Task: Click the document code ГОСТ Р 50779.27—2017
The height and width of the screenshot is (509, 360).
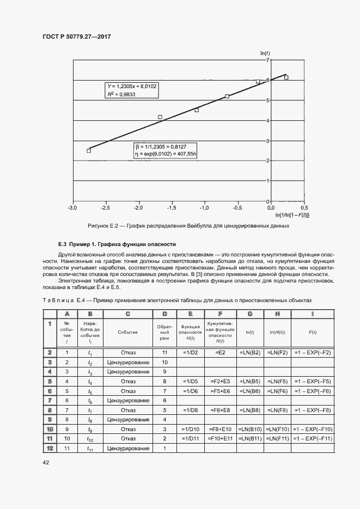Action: click(x=80, y=36)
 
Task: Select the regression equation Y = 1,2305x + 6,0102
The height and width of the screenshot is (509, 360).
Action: click(x=132, y=86)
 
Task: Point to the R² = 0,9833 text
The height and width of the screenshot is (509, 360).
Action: click(x=121, y=94)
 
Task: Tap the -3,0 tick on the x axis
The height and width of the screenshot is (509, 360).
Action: click(x=72, y=208)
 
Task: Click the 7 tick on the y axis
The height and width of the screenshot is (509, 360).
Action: click(x=268, y=60)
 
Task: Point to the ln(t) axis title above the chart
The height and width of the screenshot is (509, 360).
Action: click(x=265, y=53)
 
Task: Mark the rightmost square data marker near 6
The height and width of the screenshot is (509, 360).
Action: click(x=286, y=78)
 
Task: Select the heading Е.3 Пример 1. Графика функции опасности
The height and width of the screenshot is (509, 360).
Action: click(x=117, y=244)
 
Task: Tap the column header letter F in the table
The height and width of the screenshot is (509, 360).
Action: click(x=219, y=314)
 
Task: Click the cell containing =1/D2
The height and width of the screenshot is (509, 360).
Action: click(x=190, y=353)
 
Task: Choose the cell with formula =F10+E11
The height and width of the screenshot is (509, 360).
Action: click(x=219, y=438)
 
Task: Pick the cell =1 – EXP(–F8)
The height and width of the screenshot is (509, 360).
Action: click(x=312, y=410)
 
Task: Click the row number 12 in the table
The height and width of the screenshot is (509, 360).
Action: click(x=50, y=448)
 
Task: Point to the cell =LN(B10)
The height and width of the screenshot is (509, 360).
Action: click(x=249, y=429)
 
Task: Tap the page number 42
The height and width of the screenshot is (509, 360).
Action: click(x=46, y=463)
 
